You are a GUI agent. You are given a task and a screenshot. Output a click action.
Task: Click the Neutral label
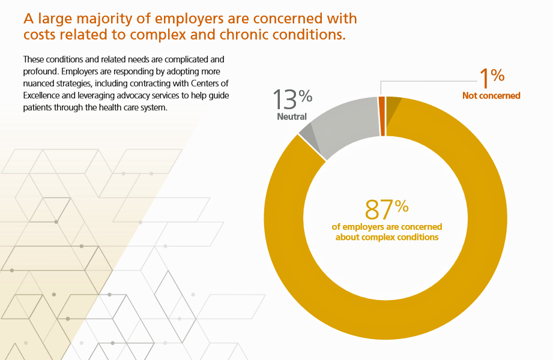292,116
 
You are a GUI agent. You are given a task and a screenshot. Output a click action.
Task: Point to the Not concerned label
491,95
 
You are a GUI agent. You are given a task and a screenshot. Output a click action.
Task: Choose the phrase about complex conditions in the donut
387,237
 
